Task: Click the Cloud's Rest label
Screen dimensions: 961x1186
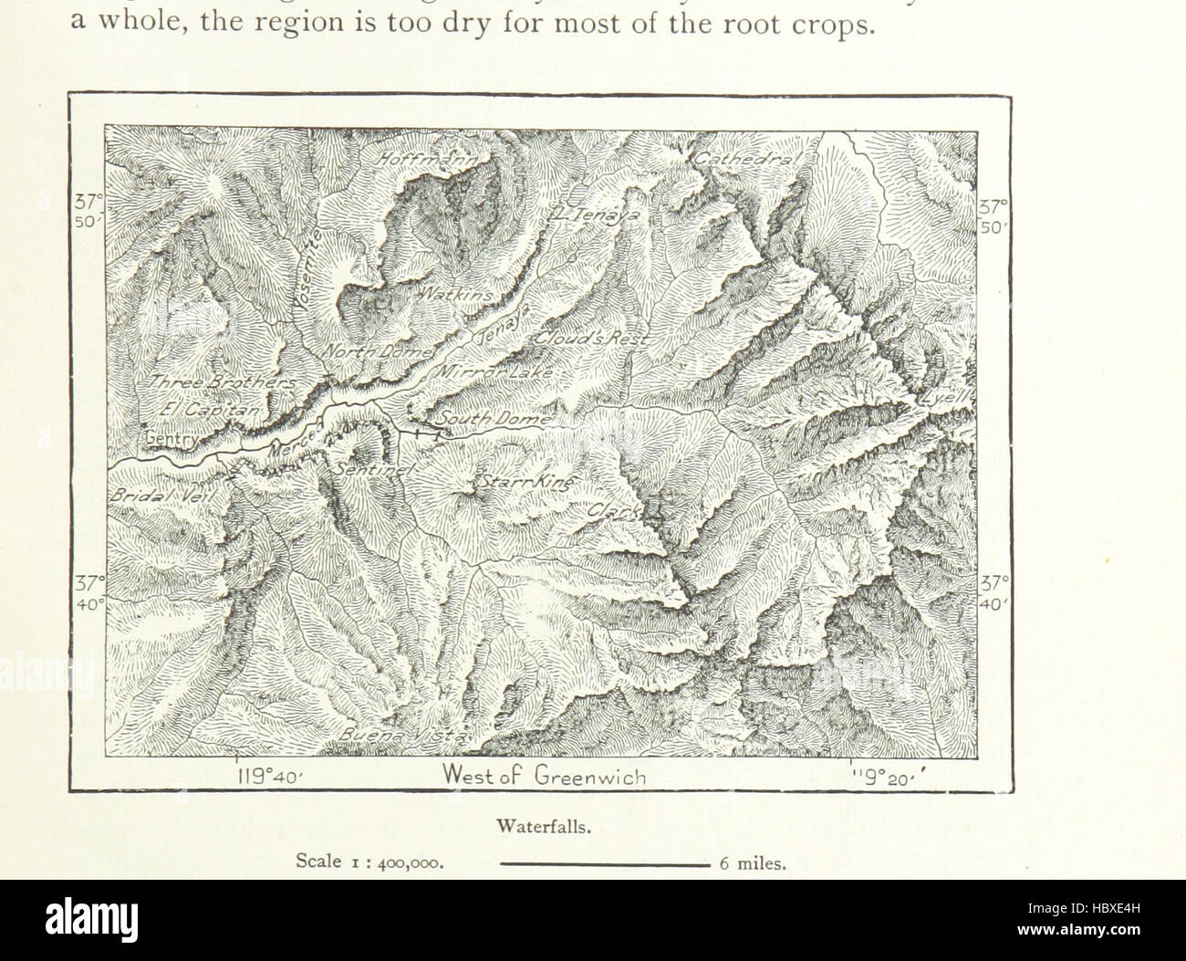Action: pyautogui.click(x=590, y=339)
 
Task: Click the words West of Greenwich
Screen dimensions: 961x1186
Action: pyautogui.click(x=545, y=777)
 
